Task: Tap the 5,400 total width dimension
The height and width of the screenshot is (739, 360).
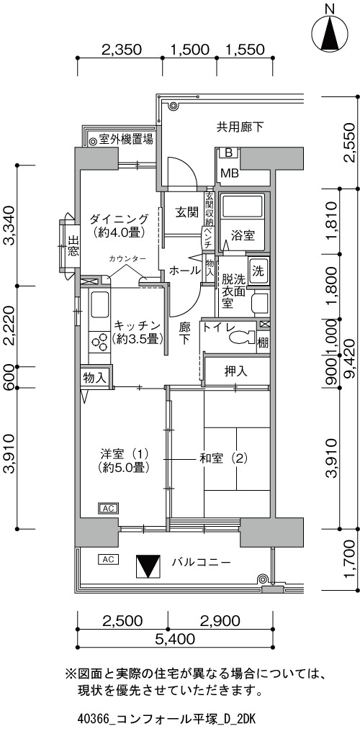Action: (174, 639)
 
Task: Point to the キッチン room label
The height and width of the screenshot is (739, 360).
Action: (138, 326)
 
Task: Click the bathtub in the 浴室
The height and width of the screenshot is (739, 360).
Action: (243, 207)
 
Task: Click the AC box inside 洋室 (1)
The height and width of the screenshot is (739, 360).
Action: (108, 508)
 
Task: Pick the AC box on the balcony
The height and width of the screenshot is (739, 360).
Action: (108, 559)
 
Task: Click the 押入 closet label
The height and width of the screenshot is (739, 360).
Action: (236, 371)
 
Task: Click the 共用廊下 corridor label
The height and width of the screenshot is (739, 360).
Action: (240, 127)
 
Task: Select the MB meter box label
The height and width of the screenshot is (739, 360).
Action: (229, 173)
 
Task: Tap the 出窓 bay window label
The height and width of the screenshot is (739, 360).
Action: (73, 245)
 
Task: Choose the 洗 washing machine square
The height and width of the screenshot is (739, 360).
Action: (258, 271)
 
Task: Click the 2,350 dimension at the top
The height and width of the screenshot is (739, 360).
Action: (121, 50)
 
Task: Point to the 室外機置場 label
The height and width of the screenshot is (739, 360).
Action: (125, 140)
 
